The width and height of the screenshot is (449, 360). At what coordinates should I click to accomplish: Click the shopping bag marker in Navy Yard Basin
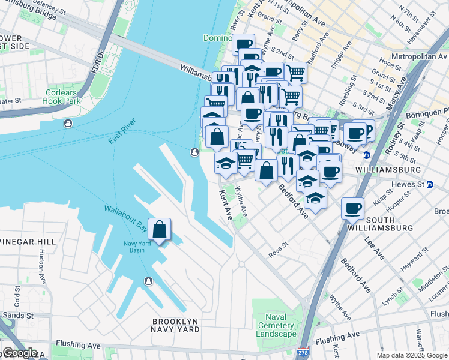pyautogui.click(x=159, y=230)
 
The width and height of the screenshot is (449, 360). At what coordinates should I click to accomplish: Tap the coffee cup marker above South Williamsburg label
pyautogui.click(x=352, y=208)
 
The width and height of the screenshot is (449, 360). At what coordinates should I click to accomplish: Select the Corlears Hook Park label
pyautogui.click(x=62, y=97)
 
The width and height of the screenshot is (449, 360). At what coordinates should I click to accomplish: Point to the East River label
pyautogui.click(x=119, y=137)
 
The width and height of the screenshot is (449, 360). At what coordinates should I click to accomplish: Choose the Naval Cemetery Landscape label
pyautogui.click(x=277, y=325)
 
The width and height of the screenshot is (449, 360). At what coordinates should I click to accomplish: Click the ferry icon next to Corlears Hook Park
pyautogui.click(x=68, y=124)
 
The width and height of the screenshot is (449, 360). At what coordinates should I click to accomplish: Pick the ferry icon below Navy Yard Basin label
pyautogui.click(x=148, y=281)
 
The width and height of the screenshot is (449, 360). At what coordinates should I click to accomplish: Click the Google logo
pyautogui.click(x=19, y=353)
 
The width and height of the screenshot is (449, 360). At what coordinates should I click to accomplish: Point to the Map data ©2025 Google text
pyautogui.click(x=412, y=355)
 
